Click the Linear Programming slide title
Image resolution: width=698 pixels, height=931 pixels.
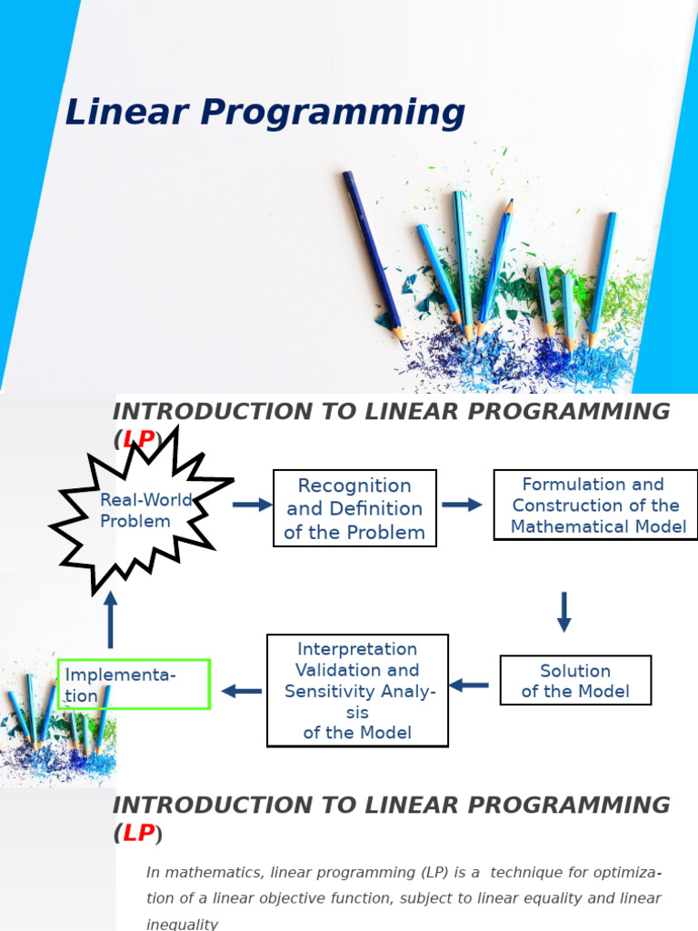(264, 114)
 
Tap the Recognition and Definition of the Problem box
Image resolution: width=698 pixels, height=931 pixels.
(354, 508)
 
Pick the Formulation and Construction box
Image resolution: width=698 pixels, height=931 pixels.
(595, 506)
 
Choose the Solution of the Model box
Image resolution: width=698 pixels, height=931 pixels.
(575, 681)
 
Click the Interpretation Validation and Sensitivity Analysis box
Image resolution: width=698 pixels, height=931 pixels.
(357, 690)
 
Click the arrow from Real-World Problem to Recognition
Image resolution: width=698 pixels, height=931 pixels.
(252, 505)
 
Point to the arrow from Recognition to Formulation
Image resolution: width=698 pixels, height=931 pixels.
(462, 505)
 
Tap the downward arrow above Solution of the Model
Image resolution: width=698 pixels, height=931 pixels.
(563, 611)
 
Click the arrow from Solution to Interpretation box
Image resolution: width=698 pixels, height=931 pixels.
(469, 685)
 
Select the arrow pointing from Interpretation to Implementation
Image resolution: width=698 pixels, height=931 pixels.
(242, 691)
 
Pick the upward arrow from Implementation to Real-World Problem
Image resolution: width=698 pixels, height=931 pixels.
(111, 618)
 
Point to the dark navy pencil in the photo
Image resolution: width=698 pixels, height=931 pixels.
(373, 255)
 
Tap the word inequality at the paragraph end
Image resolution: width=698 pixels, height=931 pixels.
(183, 924)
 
